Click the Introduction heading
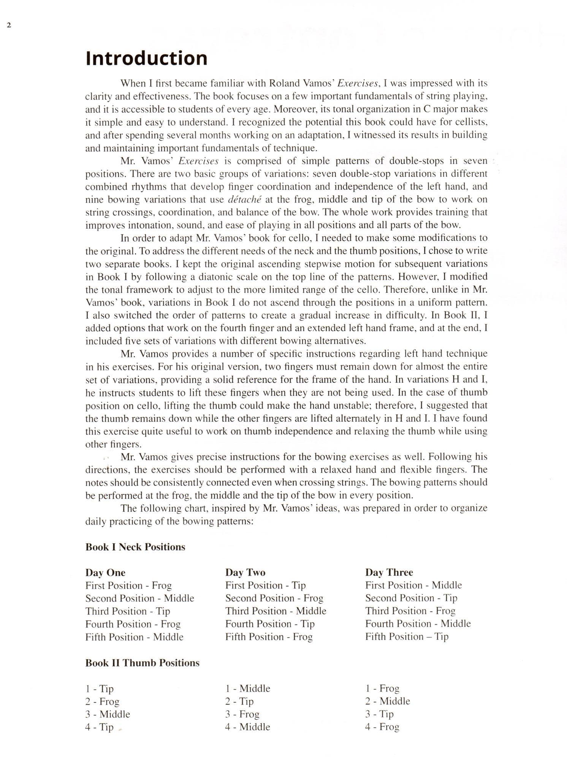click(x=146, y=58)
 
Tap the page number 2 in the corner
click(x=9, y=25)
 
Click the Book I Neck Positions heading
click(x=135, y=547)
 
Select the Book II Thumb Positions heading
click(x=142, y=663)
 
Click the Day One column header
click(x=105, y=572)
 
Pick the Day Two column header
click(x=245, y=572)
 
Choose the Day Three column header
click(x=389, y=572)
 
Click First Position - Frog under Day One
click(x=128, y=585)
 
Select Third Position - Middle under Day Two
click(x=276, y=611)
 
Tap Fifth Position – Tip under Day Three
click(x=407, y=636)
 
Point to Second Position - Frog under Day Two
click(x=274, y=598)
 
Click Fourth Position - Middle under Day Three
click(x=418, y=624)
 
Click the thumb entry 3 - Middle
click(x=108, y=714)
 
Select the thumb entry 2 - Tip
click(x=239, y=701)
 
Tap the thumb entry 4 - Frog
click(x=382, y=727)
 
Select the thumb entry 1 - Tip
click(x=99, y=689)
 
